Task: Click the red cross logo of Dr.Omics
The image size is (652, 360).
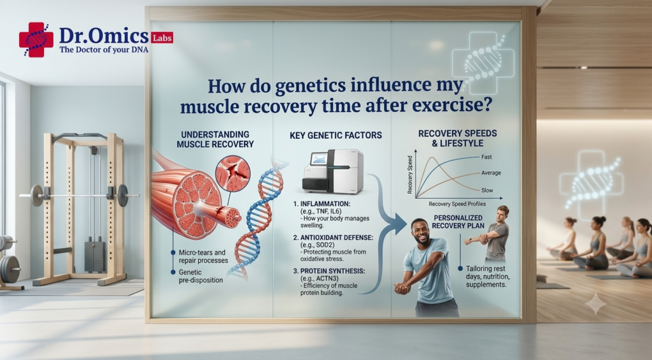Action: (36, 40)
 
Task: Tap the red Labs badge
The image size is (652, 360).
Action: (162, 38)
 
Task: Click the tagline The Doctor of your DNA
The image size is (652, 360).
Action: (104, 50)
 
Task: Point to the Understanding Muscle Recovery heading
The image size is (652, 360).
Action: (215, 140)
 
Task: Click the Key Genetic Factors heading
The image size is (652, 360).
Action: (336, 135)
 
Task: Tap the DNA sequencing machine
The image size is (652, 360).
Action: (332, 171)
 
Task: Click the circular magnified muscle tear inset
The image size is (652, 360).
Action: (233, 173)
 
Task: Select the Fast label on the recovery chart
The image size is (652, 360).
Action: (486, 157)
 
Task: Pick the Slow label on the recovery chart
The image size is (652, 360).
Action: (487, 191)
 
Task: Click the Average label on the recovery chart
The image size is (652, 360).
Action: (491, 173)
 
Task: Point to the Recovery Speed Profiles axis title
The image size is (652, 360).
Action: (457, 204)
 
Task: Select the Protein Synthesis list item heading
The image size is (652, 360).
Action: (329, 271)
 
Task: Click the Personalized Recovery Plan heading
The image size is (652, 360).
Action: (458, 222)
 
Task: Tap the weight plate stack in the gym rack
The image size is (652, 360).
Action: (95, 256)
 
